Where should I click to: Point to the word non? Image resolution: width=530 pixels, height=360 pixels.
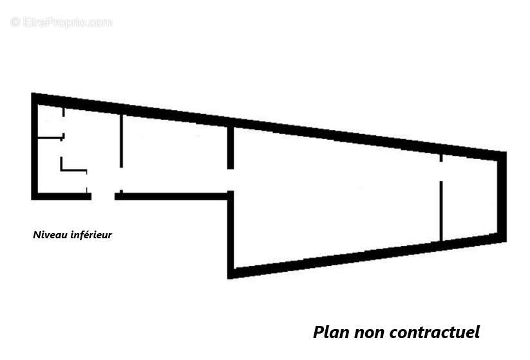coord(368,332)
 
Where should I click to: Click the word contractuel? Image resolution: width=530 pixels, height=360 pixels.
coord(435,332)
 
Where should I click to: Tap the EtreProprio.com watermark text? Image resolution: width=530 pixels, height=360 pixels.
coord(61,22)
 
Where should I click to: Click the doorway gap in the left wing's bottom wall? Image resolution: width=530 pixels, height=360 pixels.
coord(103,196)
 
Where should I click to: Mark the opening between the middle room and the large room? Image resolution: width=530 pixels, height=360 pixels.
coord(230,180)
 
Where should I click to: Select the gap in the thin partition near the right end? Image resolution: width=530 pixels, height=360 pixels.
coord(440,171)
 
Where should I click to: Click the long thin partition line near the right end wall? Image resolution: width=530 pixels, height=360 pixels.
coord(440,211)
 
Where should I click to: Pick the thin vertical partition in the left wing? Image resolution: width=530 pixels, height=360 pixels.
coord(121,140)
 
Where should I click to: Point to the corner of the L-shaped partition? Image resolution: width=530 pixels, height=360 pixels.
coord(62,170)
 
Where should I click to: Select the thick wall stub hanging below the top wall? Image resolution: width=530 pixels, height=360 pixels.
coord(230,147)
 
